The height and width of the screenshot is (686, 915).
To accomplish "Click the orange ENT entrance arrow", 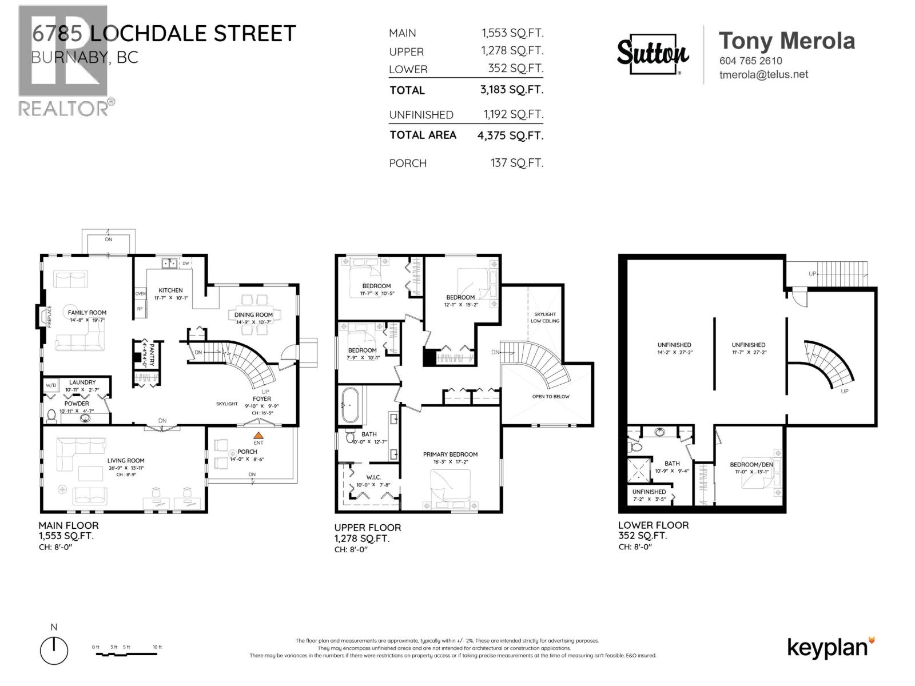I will coord(258,436).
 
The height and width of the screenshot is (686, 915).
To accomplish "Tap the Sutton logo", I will coord(653,54).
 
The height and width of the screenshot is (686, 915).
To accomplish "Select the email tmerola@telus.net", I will coord(763,74).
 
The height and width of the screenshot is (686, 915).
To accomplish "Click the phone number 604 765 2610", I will coord(750,61).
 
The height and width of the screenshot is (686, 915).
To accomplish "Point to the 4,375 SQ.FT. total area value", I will coord(510,135).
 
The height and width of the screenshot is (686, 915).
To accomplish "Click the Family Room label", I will coord(87,313).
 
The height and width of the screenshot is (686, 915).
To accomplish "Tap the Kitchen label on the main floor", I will coord(170,290).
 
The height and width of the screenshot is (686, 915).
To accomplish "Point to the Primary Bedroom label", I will coord(450,454).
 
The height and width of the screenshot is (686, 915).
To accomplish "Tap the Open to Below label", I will coord(551,396).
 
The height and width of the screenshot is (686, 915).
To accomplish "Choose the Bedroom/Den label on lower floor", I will coord(751,464).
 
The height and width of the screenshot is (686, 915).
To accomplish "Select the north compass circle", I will coord(54,650).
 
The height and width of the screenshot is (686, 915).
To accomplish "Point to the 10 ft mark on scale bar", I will coord(157,647).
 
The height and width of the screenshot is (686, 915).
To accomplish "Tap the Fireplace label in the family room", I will coord(50,316).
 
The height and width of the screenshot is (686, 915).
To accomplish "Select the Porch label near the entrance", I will coord(247,452).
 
